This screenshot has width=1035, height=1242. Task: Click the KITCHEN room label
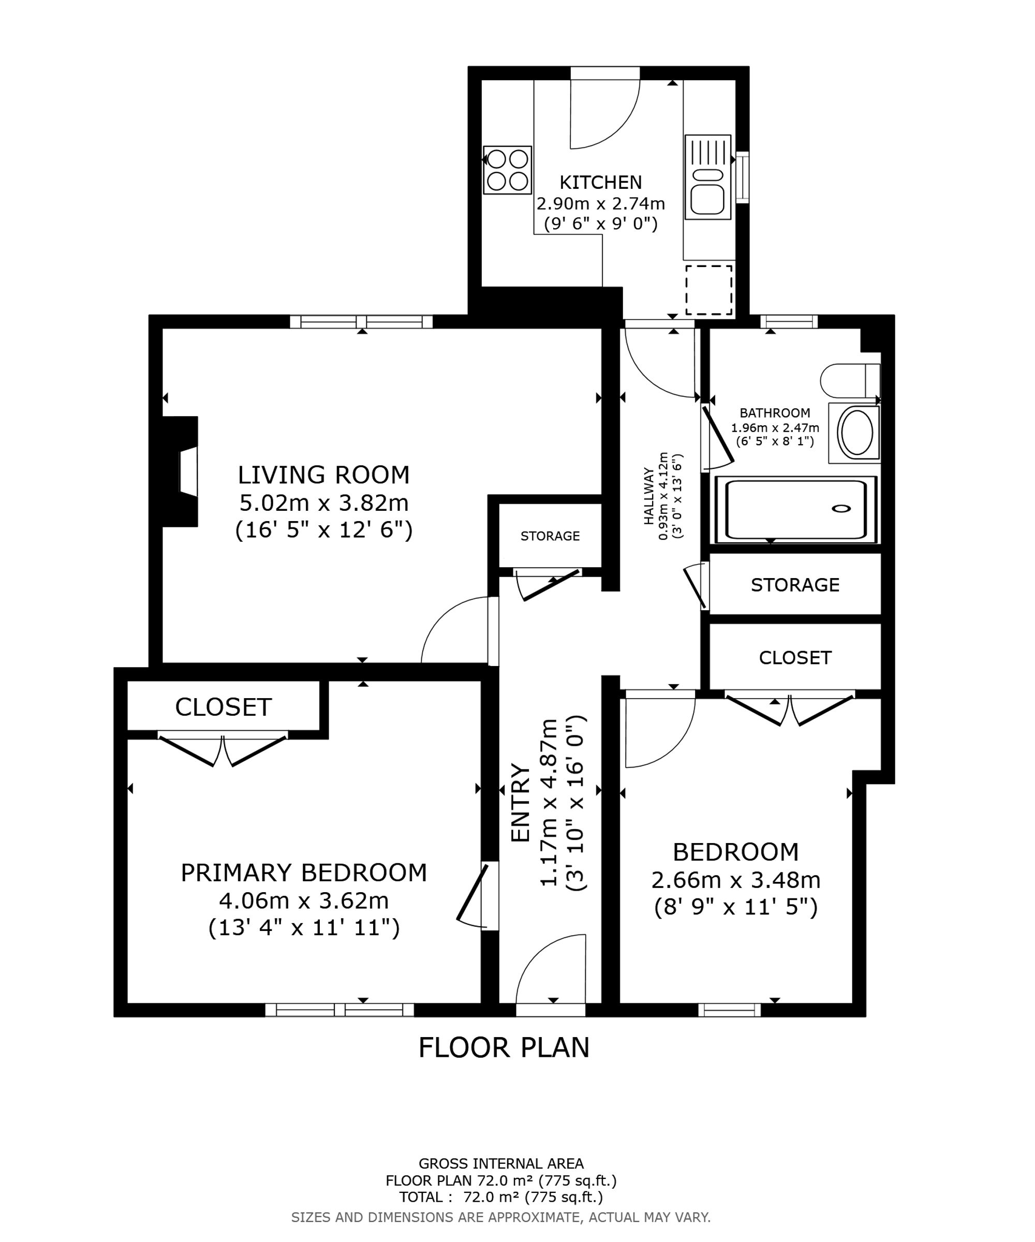coord(600,182)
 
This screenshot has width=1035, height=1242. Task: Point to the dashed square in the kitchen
coord(708,290)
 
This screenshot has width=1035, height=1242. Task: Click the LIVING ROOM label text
coord(323,475)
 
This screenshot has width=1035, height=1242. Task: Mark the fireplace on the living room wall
coord(181,471)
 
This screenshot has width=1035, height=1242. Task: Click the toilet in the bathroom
coord(850,381)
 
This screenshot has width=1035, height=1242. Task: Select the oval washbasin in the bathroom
coord(856,432)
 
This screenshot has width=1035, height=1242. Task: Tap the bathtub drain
coord(841,509)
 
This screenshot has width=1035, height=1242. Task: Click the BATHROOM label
coord(775,413)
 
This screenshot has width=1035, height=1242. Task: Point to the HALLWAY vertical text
coord(649,496)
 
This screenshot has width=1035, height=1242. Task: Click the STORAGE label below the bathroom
coord(795,585)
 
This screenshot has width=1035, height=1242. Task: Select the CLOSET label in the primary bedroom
coord(223,707)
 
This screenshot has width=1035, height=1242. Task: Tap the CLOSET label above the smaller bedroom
coord(795,658)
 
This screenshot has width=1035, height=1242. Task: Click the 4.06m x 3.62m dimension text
coord(304,901)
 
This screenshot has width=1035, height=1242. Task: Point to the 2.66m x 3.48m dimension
coord(736,880)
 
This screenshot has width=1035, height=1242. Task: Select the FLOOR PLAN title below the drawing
coord(504,1047)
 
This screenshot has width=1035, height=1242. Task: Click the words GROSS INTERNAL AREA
coord(501,1163)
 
